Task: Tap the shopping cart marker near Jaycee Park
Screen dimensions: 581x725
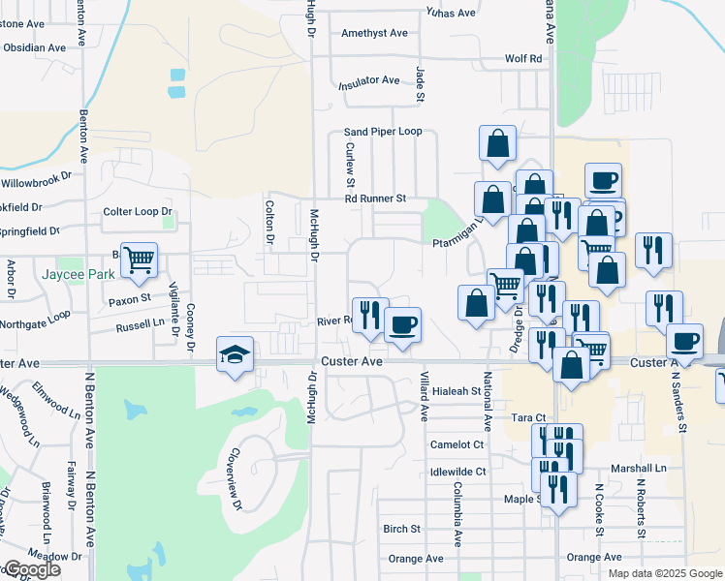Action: point(139,259)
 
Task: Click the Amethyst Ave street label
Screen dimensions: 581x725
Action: point(374,33)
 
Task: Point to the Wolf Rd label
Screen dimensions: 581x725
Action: point(523,59)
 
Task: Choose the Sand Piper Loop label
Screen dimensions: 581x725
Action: point(384,132)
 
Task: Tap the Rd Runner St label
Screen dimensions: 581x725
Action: point(374,199)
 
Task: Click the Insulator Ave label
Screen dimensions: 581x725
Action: point(368,81)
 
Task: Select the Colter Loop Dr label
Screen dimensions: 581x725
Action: point(137,212)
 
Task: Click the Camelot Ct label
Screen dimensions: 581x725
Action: point(457,444)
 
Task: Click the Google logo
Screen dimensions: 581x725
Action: point(31,569)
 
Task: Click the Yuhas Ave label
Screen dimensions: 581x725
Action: point(451,13)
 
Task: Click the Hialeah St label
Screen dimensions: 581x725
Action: point(456,392)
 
